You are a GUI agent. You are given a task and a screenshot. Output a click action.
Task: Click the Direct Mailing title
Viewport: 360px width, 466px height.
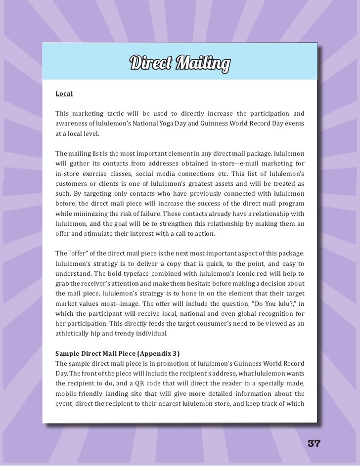180,64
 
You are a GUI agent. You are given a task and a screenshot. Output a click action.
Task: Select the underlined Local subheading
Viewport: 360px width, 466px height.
64,93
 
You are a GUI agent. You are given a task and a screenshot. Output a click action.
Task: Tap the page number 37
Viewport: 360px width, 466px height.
314,443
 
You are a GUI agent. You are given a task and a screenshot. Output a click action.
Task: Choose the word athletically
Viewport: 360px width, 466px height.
75,334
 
